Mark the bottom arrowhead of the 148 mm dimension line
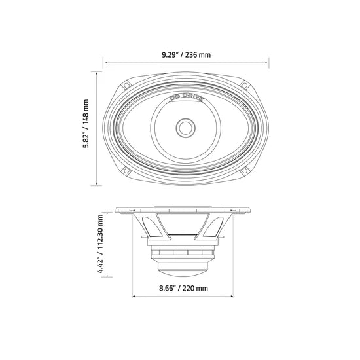[97, 183]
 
